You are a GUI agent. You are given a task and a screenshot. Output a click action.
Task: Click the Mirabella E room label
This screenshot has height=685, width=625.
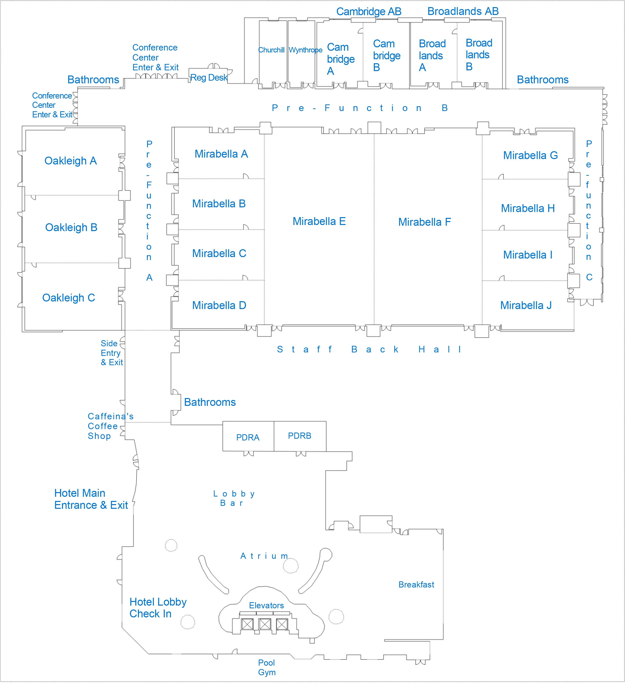click(x=319, y=222)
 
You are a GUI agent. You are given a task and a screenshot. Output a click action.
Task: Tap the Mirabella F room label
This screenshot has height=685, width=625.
click(x=425, y=222)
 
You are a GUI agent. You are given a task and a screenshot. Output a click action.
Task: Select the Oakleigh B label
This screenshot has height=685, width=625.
click(x=71, y=228)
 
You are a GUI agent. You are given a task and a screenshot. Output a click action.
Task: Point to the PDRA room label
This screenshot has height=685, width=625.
click(x=248, y=438)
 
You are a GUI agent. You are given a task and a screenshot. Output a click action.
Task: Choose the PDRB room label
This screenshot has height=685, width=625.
click(x=300, y=436)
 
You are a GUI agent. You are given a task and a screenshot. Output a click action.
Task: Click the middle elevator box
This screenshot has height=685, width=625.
click(x=265, y=624)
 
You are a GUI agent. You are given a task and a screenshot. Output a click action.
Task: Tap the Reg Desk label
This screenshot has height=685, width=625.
click(x=209, y=78)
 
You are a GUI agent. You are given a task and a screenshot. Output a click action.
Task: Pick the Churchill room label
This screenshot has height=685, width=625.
click(x=271, y=50)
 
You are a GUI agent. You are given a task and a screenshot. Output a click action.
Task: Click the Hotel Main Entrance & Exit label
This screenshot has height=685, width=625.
click(x=91, y=499)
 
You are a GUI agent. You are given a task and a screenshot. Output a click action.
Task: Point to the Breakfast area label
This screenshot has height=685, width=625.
click(x=416, y=585)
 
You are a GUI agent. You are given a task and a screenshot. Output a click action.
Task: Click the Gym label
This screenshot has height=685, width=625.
click(x=267, y=673)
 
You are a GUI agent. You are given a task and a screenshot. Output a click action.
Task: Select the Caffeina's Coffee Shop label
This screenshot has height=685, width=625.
click(x=111, y=426)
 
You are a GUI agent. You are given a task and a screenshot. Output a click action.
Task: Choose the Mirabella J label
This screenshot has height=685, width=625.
click(x=526, y=305)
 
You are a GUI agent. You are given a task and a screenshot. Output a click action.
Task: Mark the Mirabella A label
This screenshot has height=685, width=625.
click(x=221, y=154)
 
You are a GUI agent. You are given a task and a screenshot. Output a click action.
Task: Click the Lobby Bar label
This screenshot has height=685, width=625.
click(x=234, y=498)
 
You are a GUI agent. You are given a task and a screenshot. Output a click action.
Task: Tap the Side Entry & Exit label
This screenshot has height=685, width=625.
click(x=112, y=353)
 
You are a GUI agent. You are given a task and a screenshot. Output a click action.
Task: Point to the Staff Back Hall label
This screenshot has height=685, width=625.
click(x=369, y=349)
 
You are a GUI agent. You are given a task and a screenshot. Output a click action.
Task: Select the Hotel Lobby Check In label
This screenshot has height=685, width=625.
click(x=158, y=608)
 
